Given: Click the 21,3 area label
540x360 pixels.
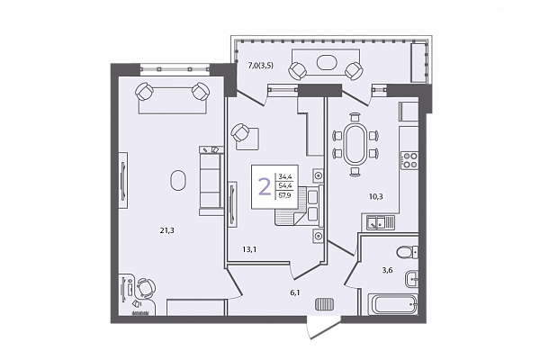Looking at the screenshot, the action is click(166, 230).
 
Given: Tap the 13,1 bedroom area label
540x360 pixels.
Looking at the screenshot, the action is click(249, 249).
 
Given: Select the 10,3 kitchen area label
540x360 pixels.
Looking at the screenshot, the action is click(375, 197).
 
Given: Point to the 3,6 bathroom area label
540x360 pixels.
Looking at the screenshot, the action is click(387, 270).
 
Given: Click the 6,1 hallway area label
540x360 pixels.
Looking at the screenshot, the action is click(295, 293).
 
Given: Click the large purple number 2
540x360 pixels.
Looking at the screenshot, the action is click(265, 187).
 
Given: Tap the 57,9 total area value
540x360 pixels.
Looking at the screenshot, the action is click(284, 196).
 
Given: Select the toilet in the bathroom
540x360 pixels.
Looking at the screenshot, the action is click(407, 252).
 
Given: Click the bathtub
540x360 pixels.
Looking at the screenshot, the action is click(393, 304).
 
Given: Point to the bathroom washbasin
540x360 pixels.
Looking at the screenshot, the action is click(411, 279).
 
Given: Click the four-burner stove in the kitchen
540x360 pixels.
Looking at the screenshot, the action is click(409, 161).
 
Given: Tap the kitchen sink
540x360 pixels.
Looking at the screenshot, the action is click(378, 222).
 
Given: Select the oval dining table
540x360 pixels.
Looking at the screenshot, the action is click(355, 144).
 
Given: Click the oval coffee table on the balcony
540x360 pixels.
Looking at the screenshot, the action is click(326, 62).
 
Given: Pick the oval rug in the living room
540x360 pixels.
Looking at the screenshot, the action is click(178, 180).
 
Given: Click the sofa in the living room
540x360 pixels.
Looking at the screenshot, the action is click(210, 181).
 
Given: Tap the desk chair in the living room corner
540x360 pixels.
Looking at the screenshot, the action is click(146, 288).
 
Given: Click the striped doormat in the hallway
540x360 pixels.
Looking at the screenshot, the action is click(324, 304).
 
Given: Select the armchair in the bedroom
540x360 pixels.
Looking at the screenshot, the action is click(240, 132).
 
